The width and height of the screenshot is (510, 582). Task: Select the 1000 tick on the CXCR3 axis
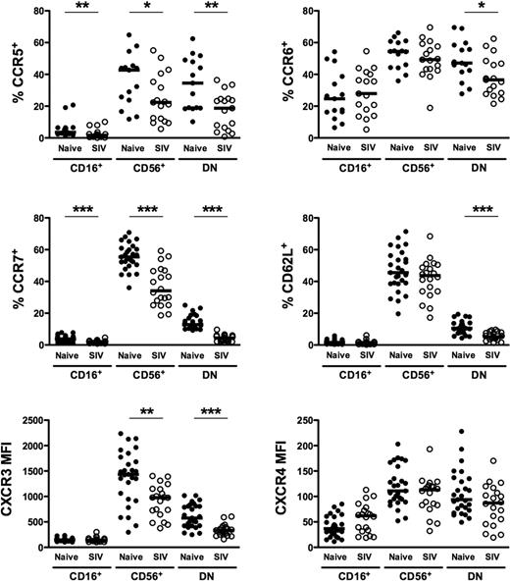[x=42, y=497]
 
